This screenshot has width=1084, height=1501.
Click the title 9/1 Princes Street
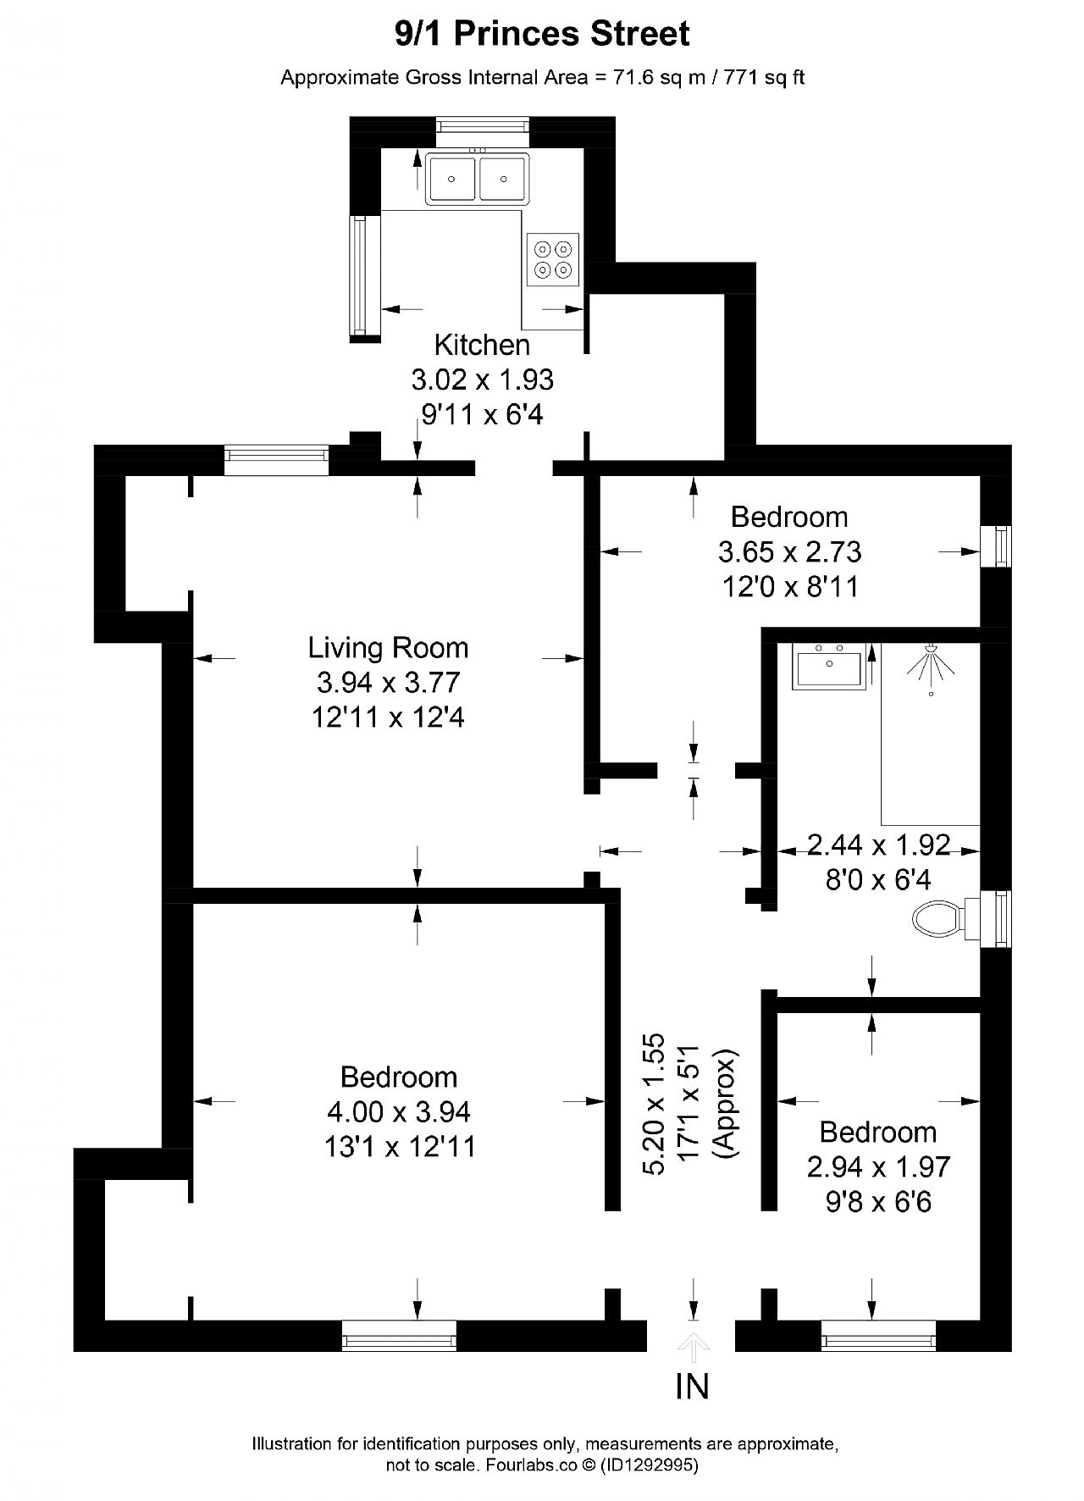point(542,34)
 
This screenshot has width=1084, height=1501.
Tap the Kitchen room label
point(482,345)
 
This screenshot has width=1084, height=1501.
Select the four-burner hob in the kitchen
point(552,258)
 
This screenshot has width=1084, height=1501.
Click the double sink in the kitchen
point(478,179)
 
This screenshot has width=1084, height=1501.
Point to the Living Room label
point(388,648)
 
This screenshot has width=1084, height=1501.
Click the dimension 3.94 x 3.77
point(388,683)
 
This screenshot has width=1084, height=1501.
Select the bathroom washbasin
point(830,666)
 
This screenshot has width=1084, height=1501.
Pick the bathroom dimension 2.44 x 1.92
point(878,845)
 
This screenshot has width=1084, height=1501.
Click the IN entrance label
point(693,1387)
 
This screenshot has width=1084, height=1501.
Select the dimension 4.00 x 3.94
point(398,1111)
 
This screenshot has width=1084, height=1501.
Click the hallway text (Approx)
point(726,1103)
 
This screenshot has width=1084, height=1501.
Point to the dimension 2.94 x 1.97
point(878,1166)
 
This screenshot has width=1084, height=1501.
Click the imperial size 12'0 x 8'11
point(790,586)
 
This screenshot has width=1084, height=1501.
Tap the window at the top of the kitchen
point(483,126)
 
